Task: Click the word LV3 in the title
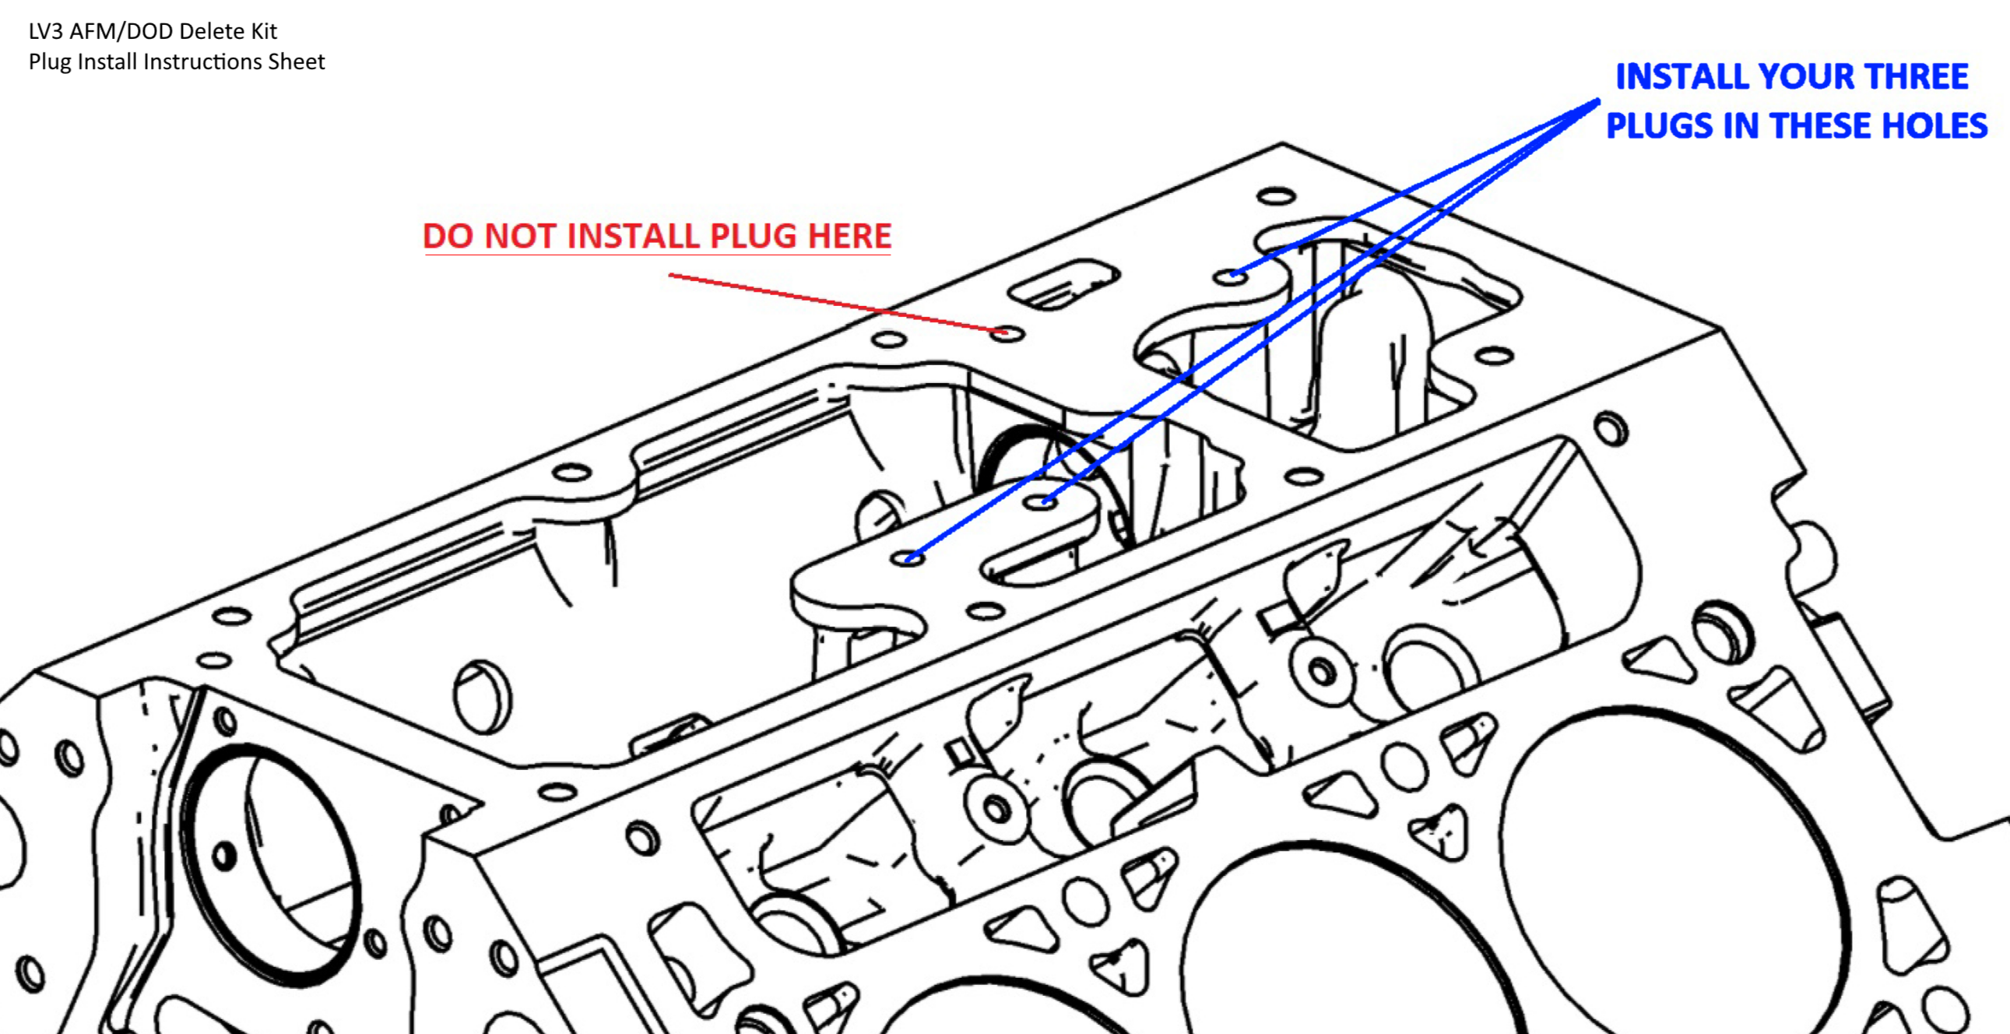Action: click(x=46, y=31)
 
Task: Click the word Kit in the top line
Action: click(x=264, y=31)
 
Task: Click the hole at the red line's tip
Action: click(x=1007, y=334)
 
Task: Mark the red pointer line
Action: click(x=835, y=303)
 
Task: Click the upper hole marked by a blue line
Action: click(x=1231, y=276)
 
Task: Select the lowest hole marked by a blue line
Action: click(x=908, y=558)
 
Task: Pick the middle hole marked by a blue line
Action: click(x=1041, y=501)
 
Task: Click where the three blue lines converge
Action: click(x=1597, y=100)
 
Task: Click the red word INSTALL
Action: click(x=631, y=237)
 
